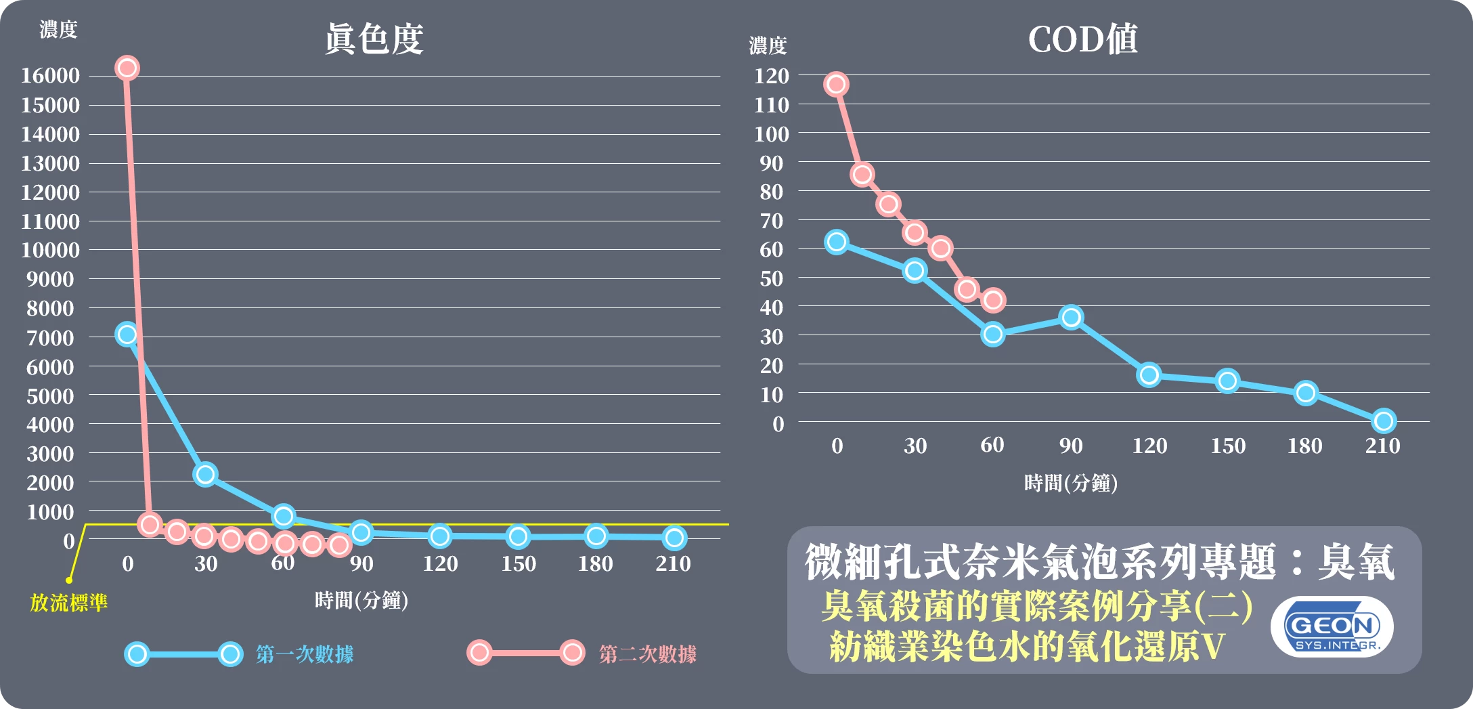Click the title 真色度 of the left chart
(x=374, y=39)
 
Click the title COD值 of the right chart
(x=1082, y=39)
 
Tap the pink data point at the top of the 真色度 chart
(x=127, y=68)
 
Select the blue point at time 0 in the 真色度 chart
(x=127, y=334)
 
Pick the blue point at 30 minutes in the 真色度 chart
(x=205, y=474)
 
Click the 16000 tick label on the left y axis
(x=50, y=75)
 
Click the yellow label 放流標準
(x=68, y=603)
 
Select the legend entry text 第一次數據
(x=305, y=654)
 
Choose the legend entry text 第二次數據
(x=648, y=654)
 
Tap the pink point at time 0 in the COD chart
(x=837, y=85)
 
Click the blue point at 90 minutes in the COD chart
(x=1071, y=317)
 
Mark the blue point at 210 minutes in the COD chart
(x=1384, y=421)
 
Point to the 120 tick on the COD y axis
(x=772, y=76)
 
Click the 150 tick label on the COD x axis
(x=1228, y=446)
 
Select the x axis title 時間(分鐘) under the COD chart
(x=1070, y=483)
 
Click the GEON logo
(x=1332, y=627)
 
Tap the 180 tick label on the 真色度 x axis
(x=595, y=563)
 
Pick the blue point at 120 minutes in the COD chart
(x=1149, y=374)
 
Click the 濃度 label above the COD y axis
(x=768, y=46)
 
